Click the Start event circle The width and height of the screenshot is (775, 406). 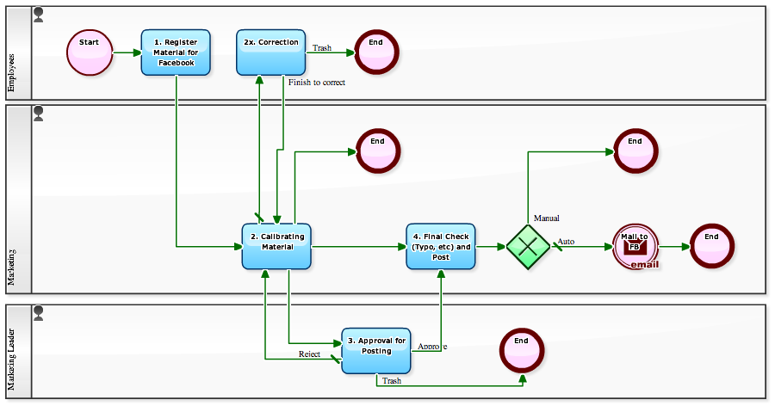[x=90, y=52]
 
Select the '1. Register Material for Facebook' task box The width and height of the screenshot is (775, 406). [x=176, y=52]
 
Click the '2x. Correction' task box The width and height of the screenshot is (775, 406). [x=271, y=52]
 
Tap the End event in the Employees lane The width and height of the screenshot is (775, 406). [x=376, y=52]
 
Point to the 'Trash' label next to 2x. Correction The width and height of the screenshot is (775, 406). [x=321, y=48]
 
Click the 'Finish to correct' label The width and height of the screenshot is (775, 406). [x=317, y=83]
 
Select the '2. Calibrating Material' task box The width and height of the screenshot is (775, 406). [x=276, y=246]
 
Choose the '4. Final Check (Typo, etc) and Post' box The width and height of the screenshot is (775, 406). [x=441, y=246]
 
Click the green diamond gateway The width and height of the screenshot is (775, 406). [x=527, y=246]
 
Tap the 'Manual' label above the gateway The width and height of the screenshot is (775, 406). [x=547, y=218]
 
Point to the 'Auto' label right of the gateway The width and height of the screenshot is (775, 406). [x=566, y=242]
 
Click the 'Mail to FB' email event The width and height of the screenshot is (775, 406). [x=635, y=247]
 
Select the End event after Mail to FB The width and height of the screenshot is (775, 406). [x=711, y=246]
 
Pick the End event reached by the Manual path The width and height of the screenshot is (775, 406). [x=635, y=151]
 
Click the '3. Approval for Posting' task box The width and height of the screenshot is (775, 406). [x=376, y=351]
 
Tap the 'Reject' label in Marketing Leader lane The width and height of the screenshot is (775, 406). [x=310, y=354]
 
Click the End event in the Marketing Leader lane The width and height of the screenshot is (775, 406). [x=522, y=351]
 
